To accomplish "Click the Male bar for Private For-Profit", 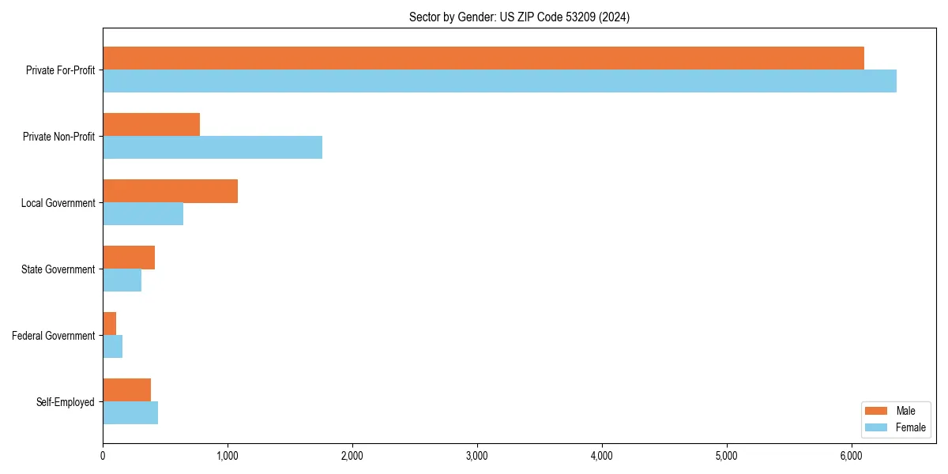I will click(483, 58).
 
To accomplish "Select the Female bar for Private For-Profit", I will click(499, 81).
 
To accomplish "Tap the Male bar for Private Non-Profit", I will click(151, 125).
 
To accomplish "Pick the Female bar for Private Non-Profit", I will click(213, 148).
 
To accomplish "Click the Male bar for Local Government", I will click(170, 191).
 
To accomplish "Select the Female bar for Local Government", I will click(143, 214).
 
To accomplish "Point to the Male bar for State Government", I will click(129, 258).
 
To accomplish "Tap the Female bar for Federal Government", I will click(113, 347).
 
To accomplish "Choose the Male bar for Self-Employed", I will click(126, 390).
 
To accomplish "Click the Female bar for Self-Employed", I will click(130, 413).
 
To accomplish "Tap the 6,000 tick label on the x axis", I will click(851, 456).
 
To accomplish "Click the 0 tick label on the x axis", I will click(103, 456).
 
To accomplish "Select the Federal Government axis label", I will click(54, 336).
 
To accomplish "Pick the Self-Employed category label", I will click(66, 402).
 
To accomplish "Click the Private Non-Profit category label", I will click(58, 137).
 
